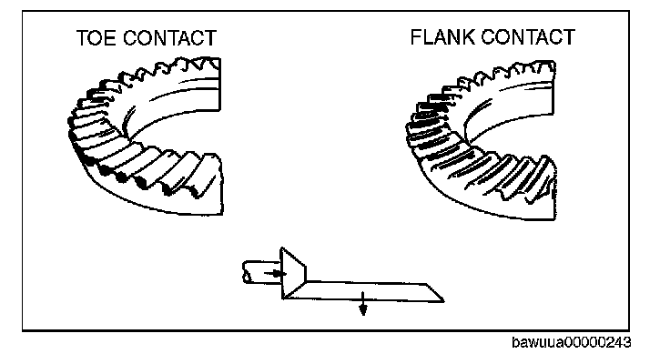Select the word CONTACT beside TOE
170,38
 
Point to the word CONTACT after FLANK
527,37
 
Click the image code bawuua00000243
570,343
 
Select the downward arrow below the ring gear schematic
362,307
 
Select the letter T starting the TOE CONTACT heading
82,38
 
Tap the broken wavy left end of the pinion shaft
246,271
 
